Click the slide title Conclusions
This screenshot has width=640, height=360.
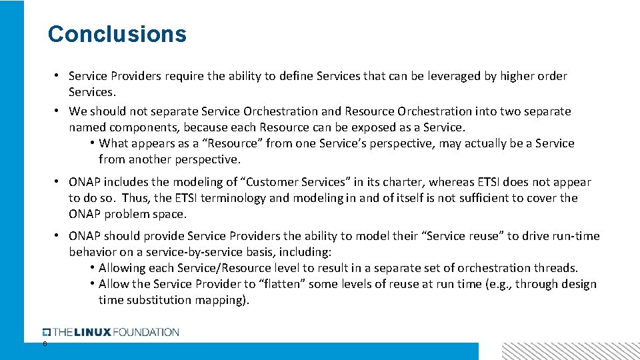(x=117, y=34)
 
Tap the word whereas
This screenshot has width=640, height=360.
(x=454, y=182)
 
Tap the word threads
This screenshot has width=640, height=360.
(x=555, y=268)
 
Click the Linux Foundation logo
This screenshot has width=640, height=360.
(x=111, y=332)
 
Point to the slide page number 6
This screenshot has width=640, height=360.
(x=45, y=343)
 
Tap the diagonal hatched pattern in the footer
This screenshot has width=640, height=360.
(x=570, y=351)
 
